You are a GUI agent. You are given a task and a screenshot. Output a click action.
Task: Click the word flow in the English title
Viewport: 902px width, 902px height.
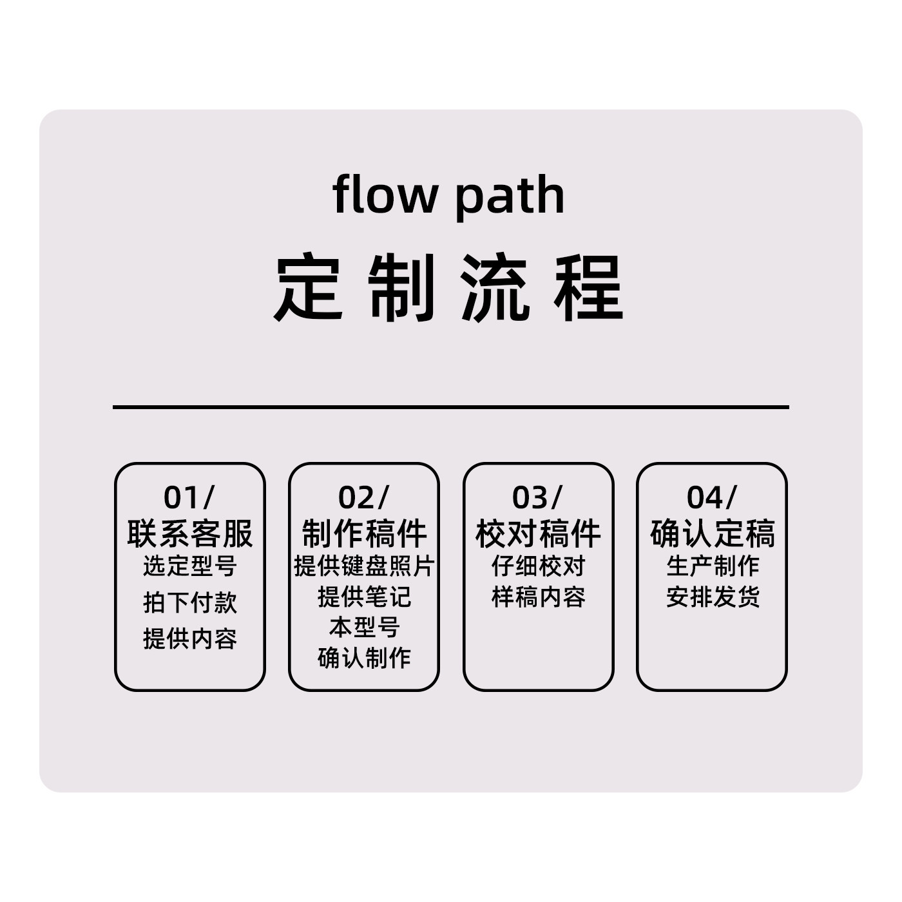click(x=385, y=195)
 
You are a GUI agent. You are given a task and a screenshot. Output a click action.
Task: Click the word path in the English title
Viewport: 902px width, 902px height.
click(x=509, y=196)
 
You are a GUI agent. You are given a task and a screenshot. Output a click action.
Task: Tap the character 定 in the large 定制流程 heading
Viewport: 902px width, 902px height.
click(x=308, y=287)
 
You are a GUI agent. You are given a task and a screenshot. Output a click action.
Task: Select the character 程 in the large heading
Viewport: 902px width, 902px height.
click(x=589, y=287)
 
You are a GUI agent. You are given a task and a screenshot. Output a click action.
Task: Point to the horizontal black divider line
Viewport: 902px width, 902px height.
click(x=451, y=407)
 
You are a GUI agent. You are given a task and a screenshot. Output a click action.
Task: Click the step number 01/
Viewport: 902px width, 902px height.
click(x=189, y=497)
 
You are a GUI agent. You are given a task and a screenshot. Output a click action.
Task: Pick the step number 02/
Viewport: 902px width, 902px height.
click(x=363, y=497)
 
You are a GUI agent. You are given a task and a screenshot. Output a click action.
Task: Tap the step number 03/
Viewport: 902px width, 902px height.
click(x=537, y=497)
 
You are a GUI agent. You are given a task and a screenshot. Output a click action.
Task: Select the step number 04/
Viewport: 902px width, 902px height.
click(x=711, y=497)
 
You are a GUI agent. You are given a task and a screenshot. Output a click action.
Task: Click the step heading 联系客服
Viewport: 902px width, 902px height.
click(x=190, y=533)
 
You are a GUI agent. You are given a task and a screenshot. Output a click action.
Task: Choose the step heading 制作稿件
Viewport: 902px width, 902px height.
click(x=364, y=533)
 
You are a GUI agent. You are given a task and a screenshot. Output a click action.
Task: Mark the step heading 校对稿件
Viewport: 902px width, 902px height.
click(x=538, y=533)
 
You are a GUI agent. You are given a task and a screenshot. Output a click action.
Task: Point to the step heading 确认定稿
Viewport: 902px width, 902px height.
click(x=712, y=533)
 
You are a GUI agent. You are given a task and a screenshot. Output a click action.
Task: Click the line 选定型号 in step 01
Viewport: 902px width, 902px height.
click(x=190, y=566)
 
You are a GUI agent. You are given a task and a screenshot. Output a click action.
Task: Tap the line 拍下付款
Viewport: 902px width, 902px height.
click(x=190, y=602)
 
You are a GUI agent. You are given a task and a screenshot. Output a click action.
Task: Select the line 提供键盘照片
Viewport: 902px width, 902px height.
click(x=364, y=566)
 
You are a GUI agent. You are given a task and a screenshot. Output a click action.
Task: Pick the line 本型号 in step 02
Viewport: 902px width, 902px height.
click(x=364, y=627)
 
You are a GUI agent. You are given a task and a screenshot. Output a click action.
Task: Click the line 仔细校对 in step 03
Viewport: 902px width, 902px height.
click(x=538, y=566)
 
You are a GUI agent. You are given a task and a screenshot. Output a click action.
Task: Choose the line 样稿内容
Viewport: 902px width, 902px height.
click(x=538, y=597)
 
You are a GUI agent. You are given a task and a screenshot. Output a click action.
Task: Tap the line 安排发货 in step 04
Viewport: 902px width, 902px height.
click(x=713, y=597)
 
